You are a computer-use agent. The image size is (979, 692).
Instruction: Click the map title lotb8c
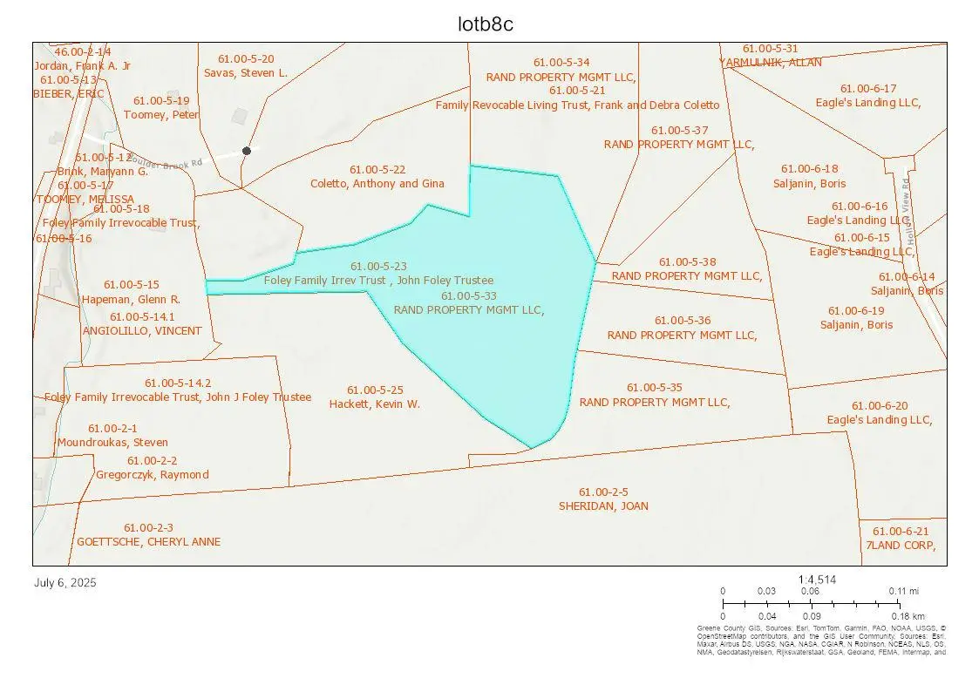[x=486, y=24]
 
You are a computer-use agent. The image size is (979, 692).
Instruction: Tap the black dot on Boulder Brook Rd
[x=247, y=151]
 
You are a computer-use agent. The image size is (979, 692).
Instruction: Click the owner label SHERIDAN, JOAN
[x=603, y=506]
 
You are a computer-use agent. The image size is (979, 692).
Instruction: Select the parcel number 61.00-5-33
[x=469, y=296]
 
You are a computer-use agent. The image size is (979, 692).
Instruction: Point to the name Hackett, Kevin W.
[x=375, y=404]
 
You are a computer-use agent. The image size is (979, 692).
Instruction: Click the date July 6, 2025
[x=65, y=582]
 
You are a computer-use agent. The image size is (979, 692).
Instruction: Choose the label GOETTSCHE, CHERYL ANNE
[x=149, y=542]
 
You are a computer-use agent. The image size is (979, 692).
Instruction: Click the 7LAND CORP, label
[x=901, y=546]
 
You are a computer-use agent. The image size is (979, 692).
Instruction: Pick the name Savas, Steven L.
[x=246, y=73]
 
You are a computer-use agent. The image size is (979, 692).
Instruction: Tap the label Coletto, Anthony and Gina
[x=377, y=184]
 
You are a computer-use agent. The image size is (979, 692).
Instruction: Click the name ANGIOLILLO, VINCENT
[x=142, y=331]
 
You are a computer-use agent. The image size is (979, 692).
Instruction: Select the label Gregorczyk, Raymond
[x=153, y=475]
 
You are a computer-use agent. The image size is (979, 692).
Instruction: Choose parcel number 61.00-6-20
[x=880, y=406]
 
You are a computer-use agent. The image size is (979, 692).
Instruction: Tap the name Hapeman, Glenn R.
[x=131, y=299]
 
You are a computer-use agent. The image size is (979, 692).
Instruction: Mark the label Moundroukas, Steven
[x=112, y=443]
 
